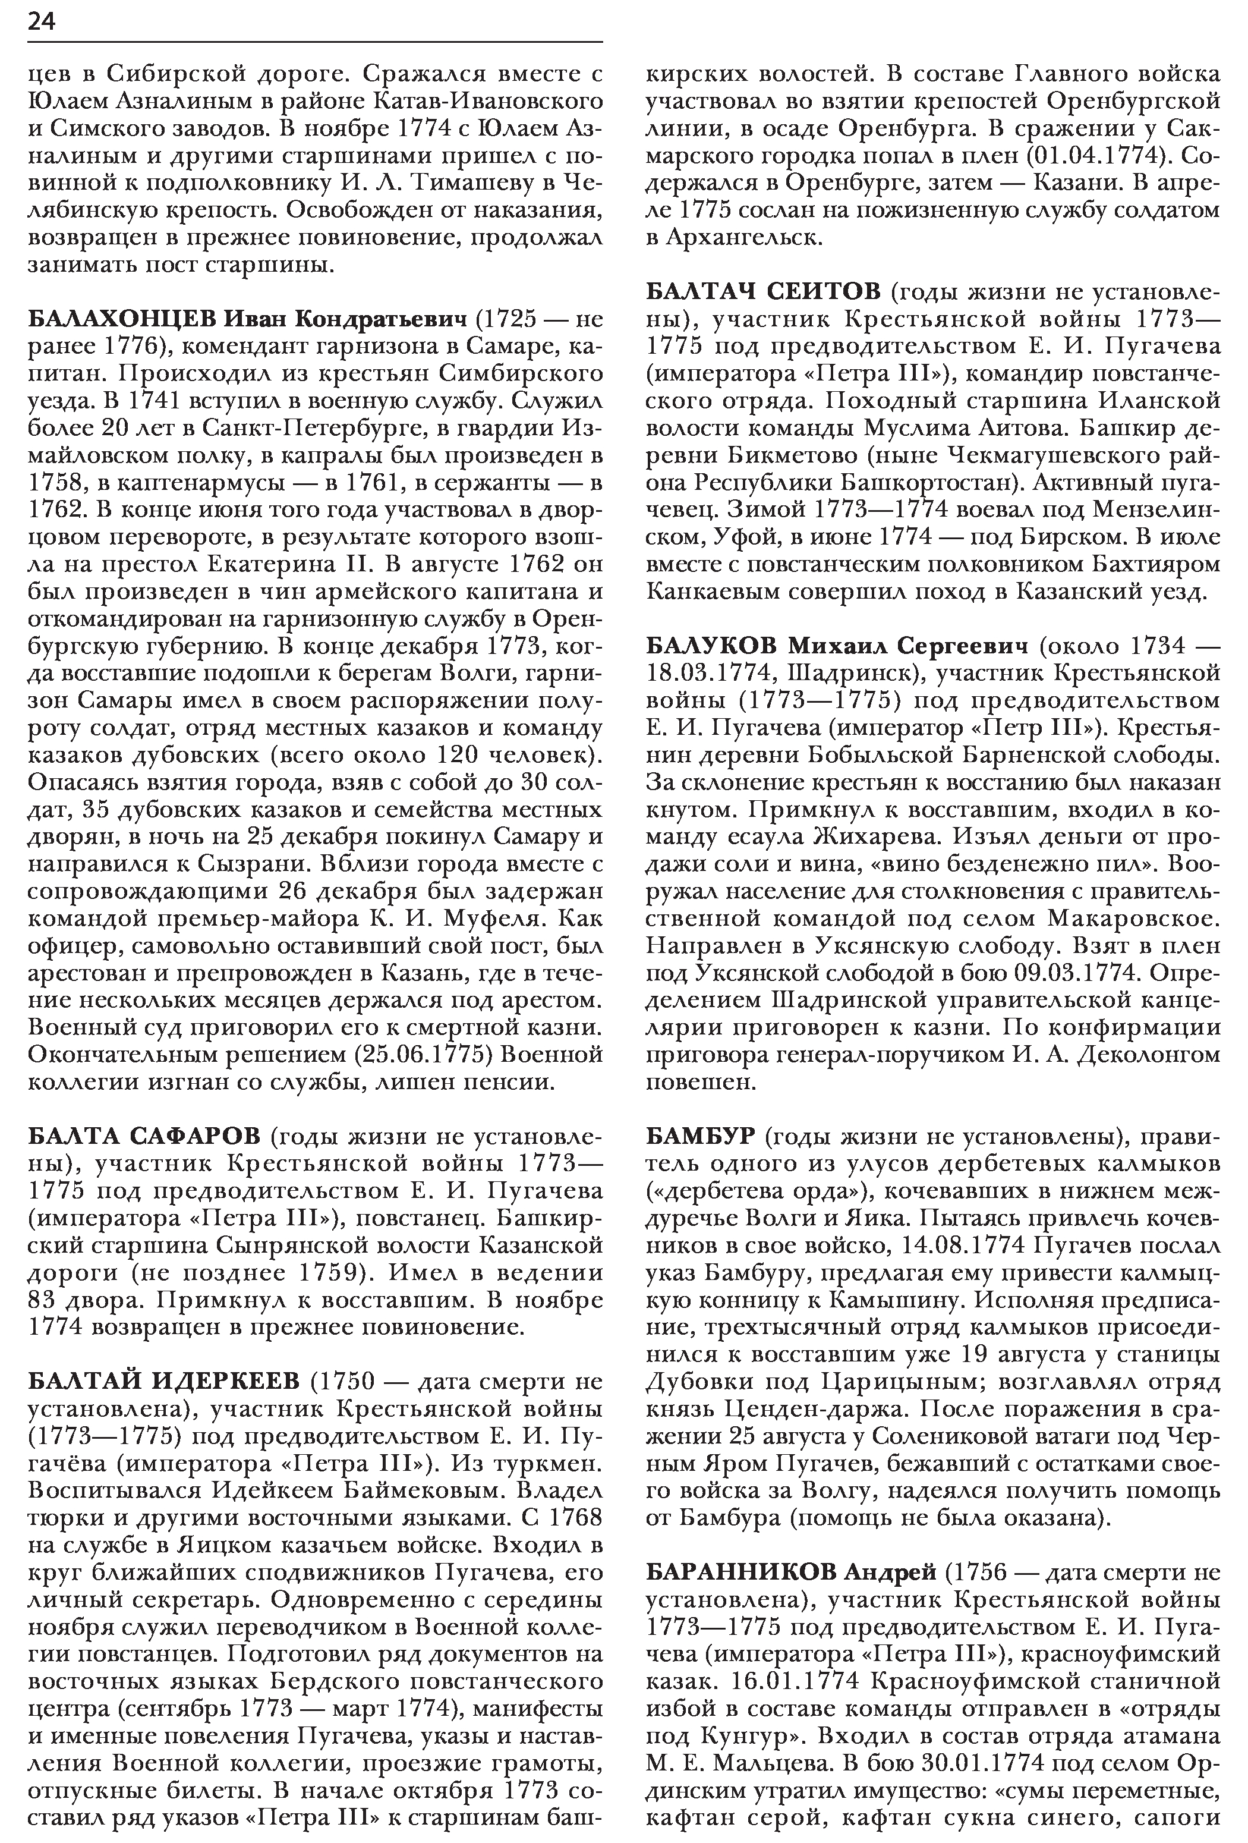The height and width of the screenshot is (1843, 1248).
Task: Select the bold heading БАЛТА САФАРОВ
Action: [143, 1136]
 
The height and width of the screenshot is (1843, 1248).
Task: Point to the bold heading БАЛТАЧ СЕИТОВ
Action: [762, 292]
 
